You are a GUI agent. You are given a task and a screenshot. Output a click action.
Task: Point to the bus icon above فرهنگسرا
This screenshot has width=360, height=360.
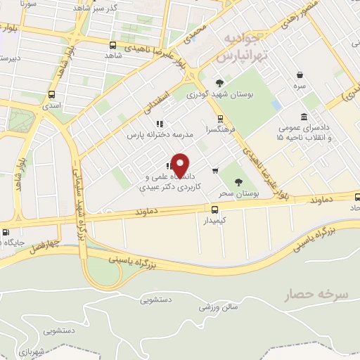pos(221,117)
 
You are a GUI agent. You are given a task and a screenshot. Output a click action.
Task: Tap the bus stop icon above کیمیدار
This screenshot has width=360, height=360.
pos(214,209)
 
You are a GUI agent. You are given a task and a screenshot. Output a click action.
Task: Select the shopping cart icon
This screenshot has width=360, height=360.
pos(214,169)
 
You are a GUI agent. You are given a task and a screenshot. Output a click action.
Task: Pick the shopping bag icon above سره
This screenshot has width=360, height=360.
pos(300,75)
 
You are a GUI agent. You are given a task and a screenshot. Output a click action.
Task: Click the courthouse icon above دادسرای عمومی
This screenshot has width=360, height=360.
pos(303,117)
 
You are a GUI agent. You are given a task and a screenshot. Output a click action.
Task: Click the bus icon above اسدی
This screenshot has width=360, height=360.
pos(51,94)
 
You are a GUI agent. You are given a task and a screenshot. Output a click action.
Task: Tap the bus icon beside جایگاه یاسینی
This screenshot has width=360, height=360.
pos(6,233)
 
